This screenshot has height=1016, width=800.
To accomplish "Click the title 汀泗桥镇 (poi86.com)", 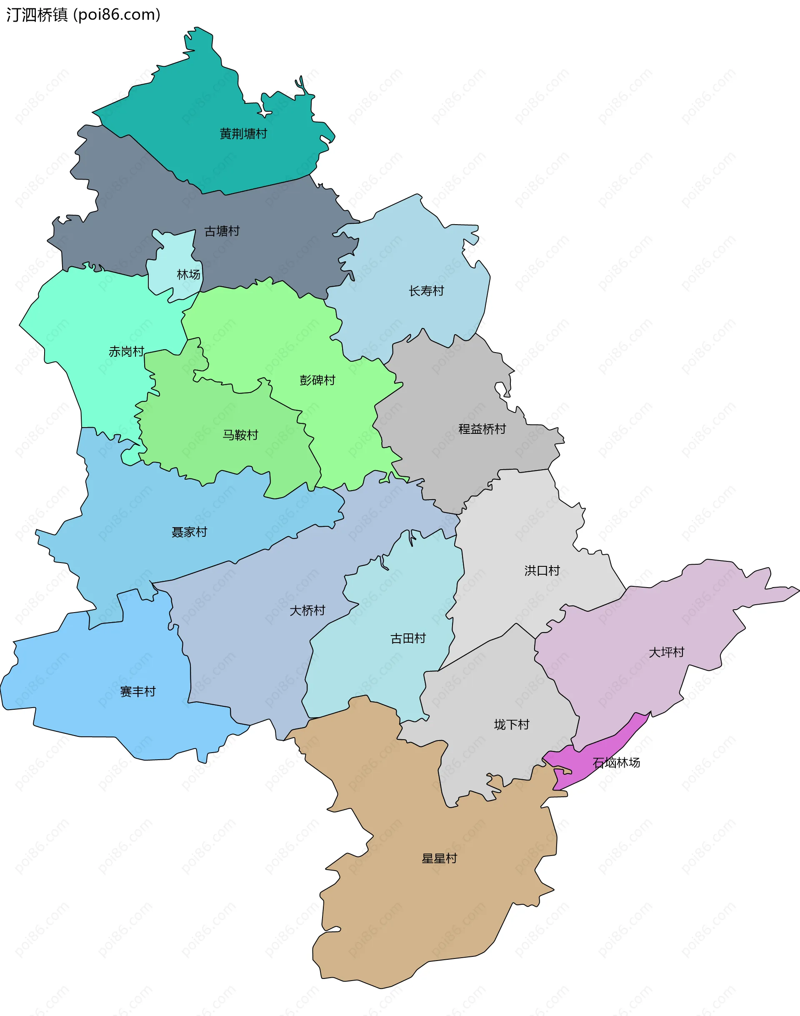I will point(83,15).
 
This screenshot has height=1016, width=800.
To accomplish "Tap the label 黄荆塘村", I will point(243,134).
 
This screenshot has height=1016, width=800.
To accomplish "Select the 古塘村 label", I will point(222,231).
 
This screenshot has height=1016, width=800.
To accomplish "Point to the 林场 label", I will point(188,275).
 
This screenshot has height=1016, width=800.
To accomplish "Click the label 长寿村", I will point(426,291).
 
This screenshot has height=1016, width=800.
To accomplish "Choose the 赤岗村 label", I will point(126,351).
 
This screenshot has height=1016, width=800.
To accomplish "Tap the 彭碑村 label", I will point(317,380).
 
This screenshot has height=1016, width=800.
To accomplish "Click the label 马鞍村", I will point(240,435).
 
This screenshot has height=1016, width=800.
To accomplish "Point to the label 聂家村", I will point(189,532).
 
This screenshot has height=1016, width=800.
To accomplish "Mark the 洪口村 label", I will point(542,570).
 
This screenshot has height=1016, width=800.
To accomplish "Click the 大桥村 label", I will point(307,611).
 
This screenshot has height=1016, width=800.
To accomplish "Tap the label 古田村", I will point(407,638).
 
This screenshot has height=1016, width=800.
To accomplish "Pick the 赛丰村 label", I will point(137,691).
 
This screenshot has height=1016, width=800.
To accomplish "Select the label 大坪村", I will point(666,652).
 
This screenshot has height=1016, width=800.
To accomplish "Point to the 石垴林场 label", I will point(616,763).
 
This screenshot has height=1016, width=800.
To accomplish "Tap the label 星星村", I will point(439,858).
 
